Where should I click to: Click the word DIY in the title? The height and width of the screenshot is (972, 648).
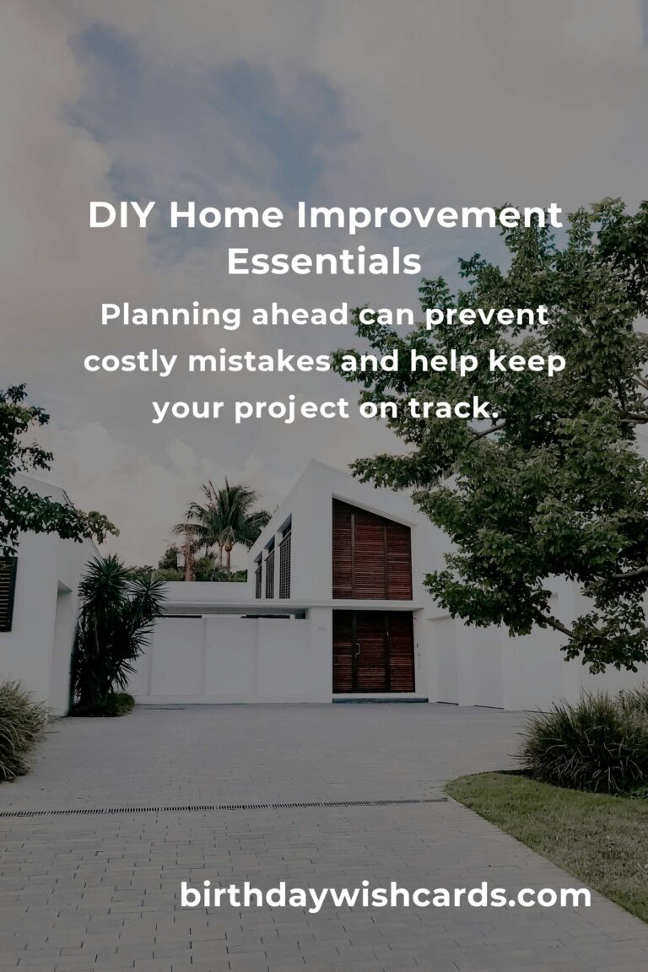[x=123, y=216]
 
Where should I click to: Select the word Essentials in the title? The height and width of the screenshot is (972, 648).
[x=324, y=262]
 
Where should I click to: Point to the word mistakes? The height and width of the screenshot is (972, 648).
[x=260, y=361]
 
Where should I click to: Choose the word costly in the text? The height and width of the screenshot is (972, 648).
[x=131, y=361]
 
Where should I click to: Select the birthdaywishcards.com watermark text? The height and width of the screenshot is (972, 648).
[x=385, y=895]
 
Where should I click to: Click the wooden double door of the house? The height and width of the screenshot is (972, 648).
[x=372, y=651]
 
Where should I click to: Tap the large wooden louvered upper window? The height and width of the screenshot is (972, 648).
[x=371, y=550]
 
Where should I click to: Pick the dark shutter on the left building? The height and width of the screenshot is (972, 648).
[x=8, y=594]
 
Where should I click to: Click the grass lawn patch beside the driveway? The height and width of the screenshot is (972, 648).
[x=557, y=823]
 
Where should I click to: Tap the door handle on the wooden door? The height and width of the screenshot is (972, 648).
[x=357, y=650]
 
